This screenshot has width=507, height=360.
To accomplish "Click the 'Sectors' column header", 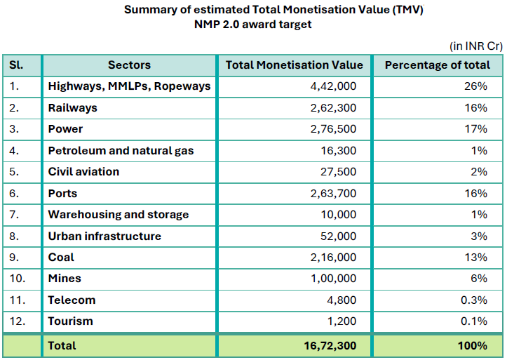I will [129, 65].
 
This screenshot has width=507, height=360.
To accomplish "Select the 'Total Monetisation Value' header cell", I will [295, 65].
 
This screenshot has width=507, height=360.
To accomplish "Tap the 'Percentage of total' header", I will [438, 65].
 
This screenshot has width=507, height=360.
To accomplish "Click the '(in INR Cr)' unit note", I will [476, 46].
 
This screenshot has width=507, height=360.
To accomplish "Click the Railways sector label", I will [72, 108].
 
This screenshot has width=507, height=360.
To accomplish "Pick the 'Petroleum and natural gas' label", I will [121, 151].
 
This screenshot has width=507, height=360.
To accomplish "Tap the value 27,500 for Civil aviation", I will [337, 172].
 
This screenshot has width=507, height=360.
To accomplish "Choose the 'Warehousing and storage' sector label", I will [118, 215].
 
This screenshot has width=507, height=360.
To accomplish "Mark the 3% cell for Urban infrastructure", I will [479, 236].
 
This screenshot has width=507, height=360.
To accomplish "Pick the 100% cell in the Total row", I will [473, 345].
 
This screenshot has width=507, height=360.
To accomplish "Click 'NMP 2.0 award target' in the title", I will [253, 24].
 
